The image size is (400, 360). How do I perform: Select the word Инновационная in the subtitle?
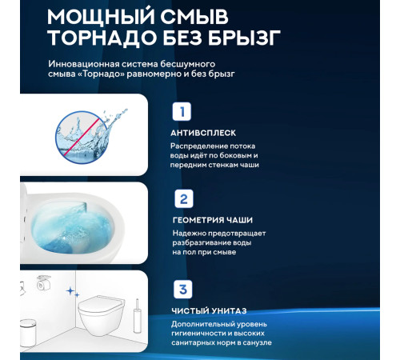pyautogui.click(x=87, y=62)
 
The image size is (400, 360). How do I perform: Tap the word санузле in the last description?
pyautogui.click(x=254, y=342)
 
